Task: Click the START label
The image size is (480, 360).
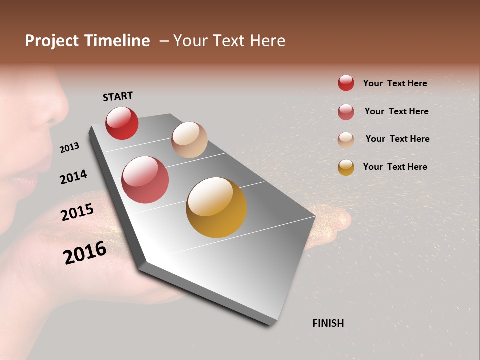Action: [x=118, y=96]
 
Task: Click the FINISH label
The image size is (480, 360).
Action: [x=328, y=323]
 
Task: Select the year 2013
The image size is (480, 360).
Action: [x=69, y=148]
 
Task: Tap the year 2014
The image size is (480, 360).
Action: [x=73, y=177]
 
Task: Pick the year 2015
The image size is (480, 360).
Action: [x=77, y=212]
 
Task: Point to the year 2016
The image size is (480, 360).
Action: [x=85, y=253]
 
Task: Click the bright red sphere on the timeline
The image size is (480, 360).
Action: [x=122, y=123]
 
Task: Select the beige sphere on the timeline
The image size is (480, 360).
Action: [x=189, y=140]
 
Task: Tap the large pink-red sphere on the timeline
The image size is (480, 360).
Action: [x=145, y=180]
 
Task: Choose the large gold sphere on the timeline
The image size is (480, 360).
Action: [x=216, y=207]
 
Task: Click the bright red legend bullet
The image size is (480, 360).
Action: [x=346, y=83]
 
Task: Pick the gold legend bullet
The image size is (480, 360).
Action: [x=346, y=167]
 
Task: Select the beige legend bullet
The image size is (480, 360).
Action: [x=346, y=139]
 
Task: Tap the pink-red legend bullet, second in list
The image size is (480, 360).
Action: [x=346, y=111]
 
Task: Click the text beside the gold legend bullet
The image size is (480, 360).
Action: [x=395, y=167]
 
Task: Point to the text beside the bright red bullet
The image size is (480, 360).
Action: [x=395, y=83]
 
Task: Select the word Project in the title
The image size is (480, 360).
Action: [x=52, y=41]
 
